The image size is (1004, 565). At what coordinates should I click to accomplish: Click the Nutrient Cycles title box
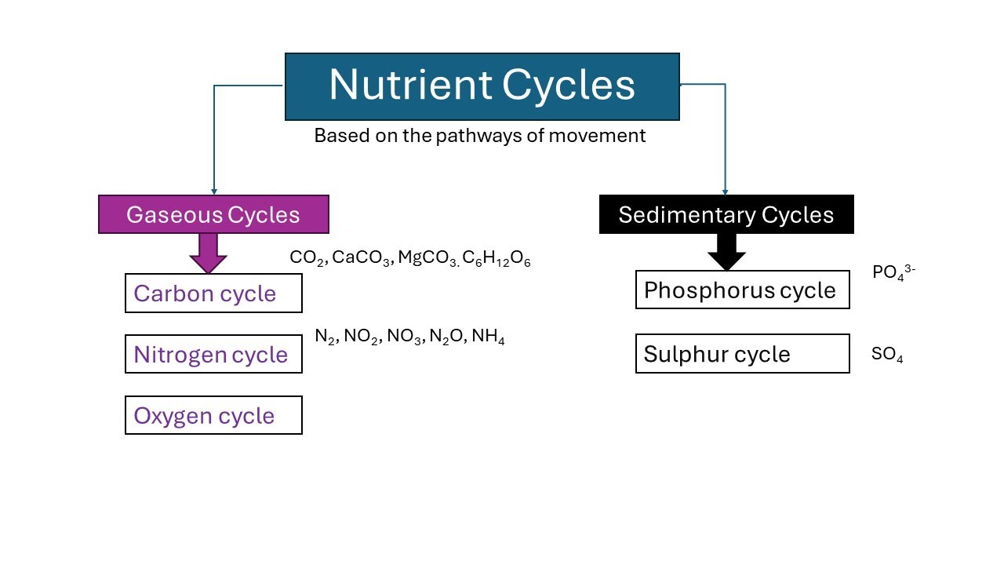(482, 86)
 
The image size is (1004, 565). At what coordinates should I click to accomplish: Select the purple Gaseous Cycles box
(213, 214)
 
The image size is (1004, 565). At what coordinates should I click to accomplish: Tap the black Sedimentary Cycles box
(726, 214)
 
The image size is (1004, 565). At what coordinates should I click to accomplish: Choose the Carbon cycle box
(213, 293)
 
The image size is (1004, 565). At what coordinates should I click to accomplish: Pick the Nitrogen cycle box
(213, 354)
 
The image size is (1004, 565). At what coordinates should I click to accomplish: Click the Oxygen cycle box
(213, 415)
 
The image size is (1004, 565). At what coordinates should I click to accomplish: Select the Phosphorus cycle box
(742, 290)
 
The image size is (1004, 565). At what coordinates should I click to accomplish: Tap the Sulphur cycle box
(742, 354)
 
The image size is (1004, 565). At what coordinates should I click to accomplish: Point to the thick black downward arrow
(726, 252)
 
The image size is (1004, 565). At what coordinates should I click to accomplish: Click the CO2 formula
(307, 258)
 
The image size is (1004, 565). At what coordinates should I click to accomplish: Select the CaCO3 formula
(362, 258)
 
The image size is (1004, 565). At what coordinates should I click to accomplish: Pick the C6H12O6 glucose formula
(497, 259)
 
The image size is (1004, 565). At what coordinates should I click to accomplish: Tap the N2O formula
(447, 337)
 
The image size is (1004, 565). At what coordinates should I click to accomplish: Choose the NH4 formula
(488, 337)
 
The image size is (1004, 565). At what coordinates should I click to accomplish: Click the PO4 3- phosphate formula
(893, 273)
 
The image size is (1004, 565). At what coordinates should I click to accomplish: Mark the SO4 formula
(887, 355)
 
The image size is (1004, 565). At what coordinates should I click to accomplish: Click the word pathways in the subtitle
(479, 136)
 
